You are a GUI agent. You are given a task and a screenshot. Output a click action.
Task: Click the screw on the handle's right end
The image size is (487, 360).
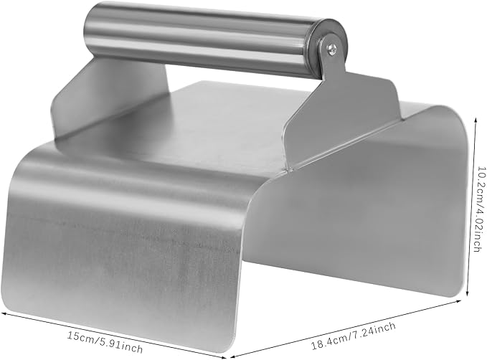click(331, 49)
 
